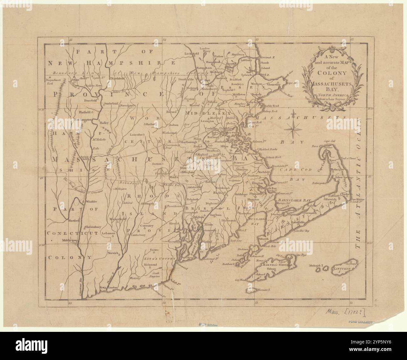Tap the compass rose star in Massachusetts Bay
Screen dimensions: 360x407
click(x=293, y=126)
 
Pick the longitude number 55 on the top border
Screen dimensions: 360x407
click(x=71, y=40)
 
